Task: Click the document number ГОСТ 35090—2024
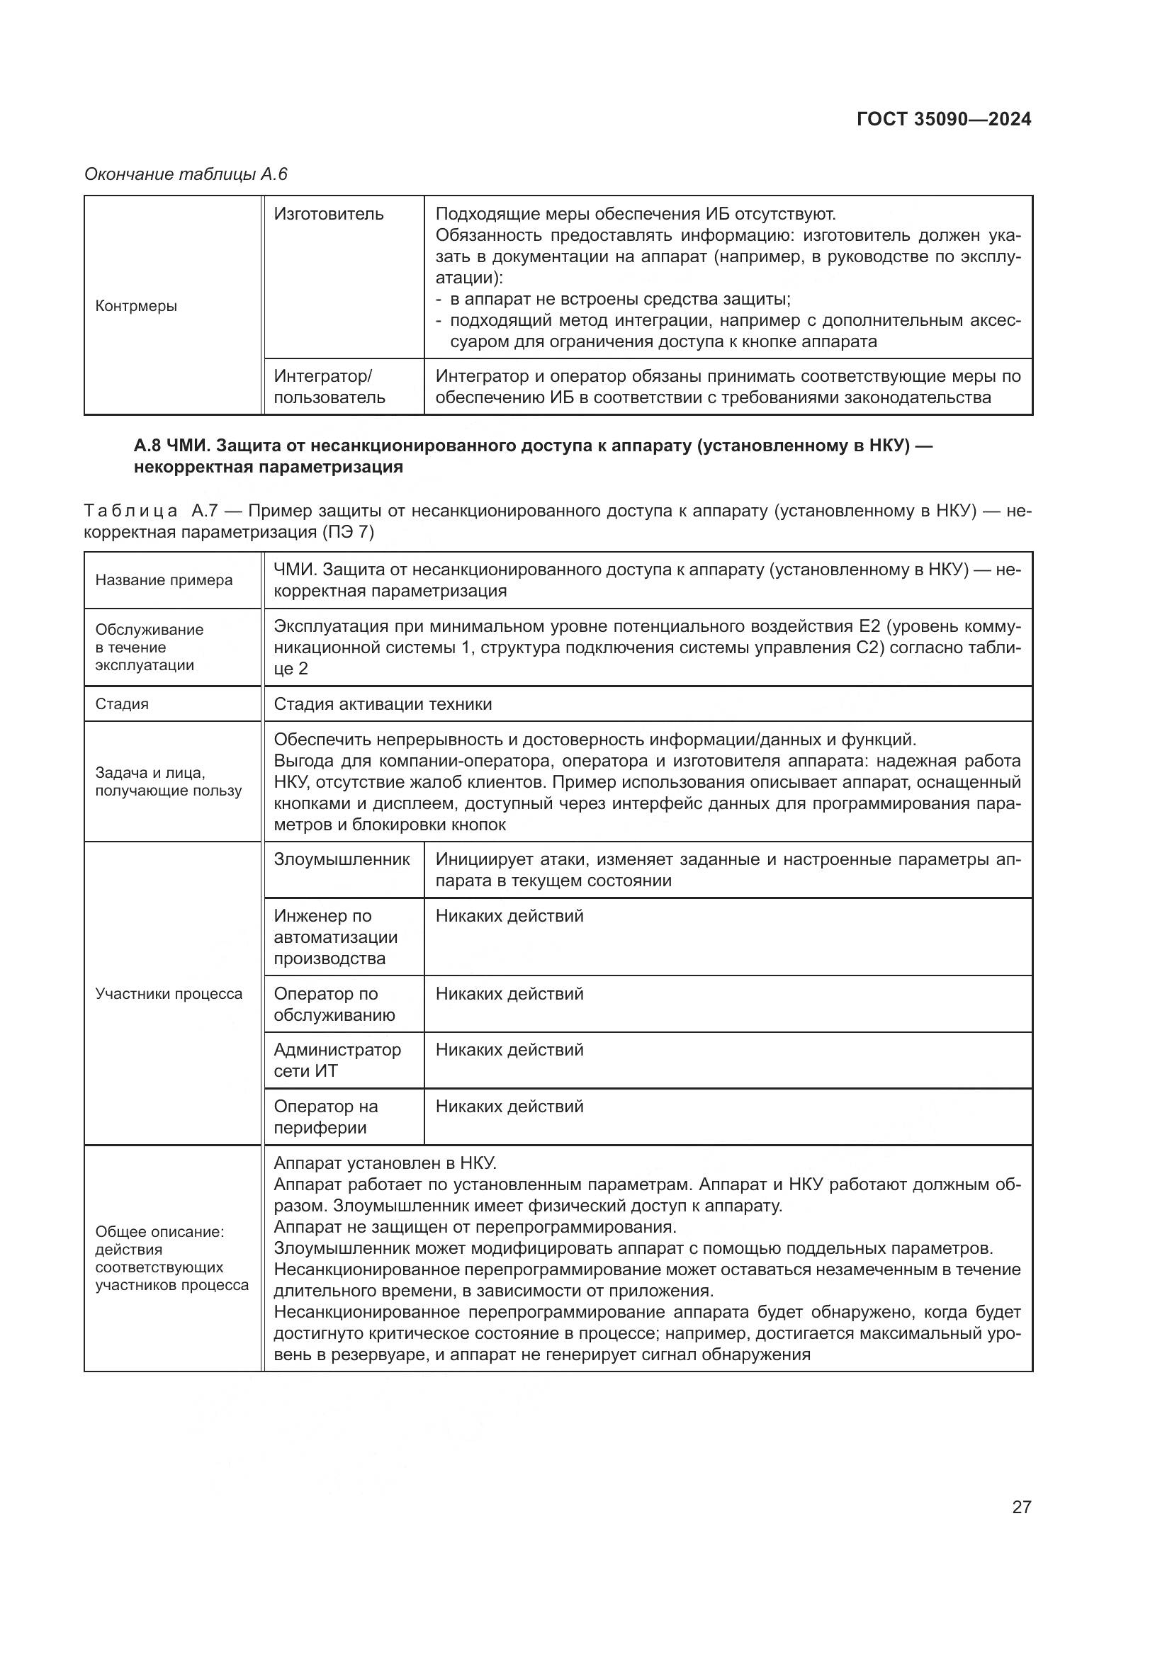(x=943, y=119)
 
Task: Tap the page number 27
(x=1021, y=1507)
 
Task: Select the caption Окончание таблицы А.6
(x=186, y=174)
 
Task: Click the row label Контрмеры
(x=136, y=306)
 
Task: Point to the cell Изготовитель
(x=328, y=215)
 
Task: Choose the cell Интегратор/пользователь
(x=329, y=387)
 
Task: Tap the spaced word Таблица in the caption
(x=130, y=511)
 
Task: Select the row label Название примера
(x=164, y=580)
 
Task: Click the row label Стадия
(x=122, y=704)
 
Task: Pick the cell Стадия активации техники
(x=383, y=704)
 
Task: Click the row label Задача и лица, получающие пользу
(x=167, y=781)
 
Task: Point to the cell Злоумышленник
(x=342, y=859)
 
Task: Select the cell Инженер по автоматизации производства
(x=336, y=937)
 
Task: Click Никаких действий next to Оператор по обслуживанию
(x=509, y=994)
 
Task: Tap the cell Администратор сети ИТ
(x=337, y=1061)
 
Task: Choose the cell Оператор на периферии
(x=325, y=1116)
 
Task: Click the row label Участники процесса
(x=169, y=994)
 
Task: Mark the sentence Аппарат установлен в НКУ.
(x=385, y=1163)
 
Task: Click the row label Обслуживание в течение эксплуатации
(x=150, y=647)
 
